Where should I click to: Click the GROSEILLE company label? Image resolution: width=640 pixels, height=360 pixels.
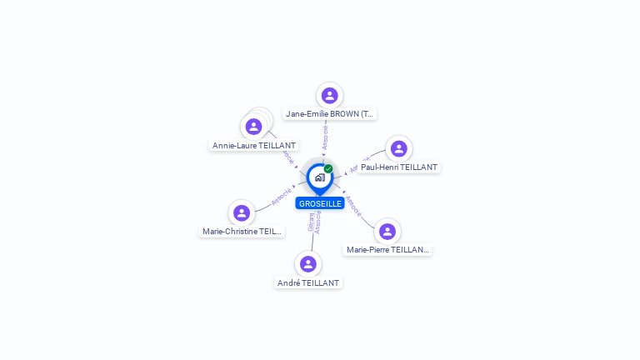pos(320,203)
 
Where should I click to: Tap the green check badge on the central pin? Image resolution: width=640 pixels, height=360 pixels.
pos(328,168)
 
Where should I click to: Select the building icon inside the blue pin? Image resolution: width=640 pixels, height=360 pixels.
pos(319,177)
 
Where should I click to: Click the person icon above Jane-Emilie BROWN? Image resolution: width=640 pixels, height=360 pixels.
pos(330,96)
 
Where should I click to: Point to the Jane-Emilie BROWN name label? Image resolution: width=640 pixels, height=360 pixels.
pos(330,113)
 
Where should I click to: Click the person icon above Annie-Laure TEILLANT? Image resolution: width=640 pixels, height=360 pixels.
pos(254,127)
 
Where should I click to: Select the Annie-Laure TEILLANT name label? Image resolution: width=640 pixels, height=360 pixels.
pos(254,145)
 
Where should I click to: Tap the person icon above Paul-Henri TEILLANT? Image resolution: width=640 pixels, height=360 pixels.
pos(398,148)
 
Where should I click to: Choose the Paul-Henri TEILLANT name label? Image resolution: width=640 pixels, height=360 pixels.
pos(398,167)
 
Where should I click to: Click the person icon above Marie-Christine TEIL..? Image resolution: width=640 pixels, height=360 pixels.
pos(242,213)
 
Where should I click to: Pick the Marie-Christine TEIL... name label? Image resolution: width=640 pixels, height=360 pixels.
pos(242,232)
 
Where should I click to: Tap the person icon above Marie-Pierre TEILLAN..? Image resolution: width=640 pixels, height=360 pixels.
pos(387,231)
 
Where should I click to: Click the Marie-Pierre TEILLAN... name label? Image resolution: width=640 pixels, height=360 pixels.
pos(387,249)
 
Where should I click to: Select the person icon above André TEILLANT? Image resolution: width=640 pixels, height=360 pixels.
pos(308,264)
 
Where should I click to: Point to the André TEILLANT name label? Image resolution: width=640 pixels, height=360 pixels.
pos(308,282)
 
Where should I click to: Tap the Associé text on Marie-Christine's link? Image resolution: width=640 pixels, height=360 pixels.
pos(282,197)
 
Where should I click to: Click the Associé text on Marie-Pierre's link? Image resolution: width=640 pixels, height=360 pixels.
pos(353,205)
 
